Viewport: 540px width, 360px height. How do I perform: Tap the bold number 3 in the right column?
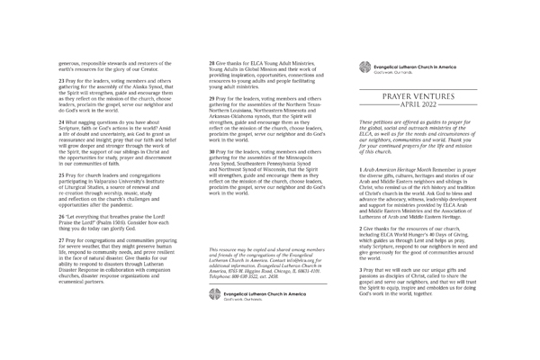click(x=361, y=269)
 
